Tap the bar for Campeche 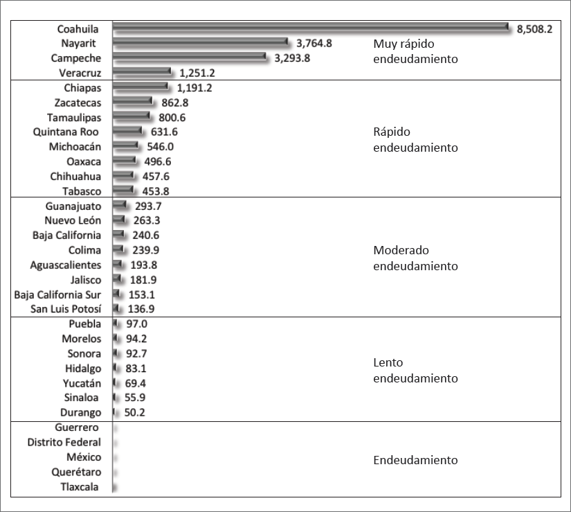(x=189, y=58)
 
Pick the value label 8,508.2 (x=534, y=28)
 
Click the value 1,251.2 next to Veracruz (x=197, y=73)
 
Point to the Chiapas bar (x=140, y=87)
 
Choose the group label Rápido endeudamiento (x=415, y=139)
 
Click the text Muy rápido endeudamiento (x=415, y=51)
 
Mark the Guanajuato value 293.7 (x=148, y=206)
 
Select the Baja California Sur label (x=57, y=294)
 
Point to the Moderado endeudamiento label (x=415, y=258)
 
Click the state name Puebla (x=84, y=324)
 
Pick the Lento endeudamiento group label (x=415, y=371)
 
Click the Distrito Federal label (x=64, y=442)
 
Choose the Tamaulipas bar (x=131, y=117)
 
